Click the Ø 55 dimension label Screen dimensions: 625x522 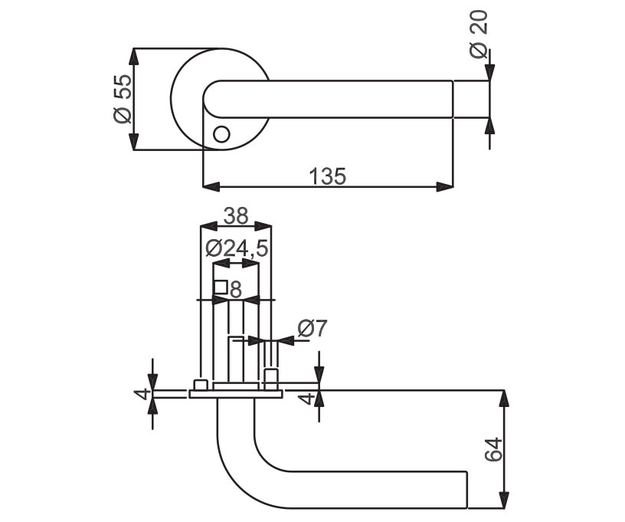pos(123,99)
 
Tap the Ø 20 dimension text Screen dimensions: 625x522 pos(479,34)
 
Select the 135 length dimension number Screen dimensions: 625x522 pos(328,176)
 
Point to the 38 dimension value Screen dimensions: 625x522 pos(236,215)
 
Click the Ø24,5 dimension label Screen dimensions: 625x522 pos(237,249)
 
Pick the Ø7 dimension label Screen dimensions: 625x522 pos(312,328)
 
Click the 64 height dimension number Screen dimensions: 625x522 pos(494,449)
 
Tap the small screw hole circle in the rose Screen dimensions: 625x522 pos(221,134)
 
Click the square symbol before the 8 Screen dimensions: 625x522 pos(221,287)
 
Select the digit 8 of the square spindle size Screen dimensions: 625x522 pos(236,290)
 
